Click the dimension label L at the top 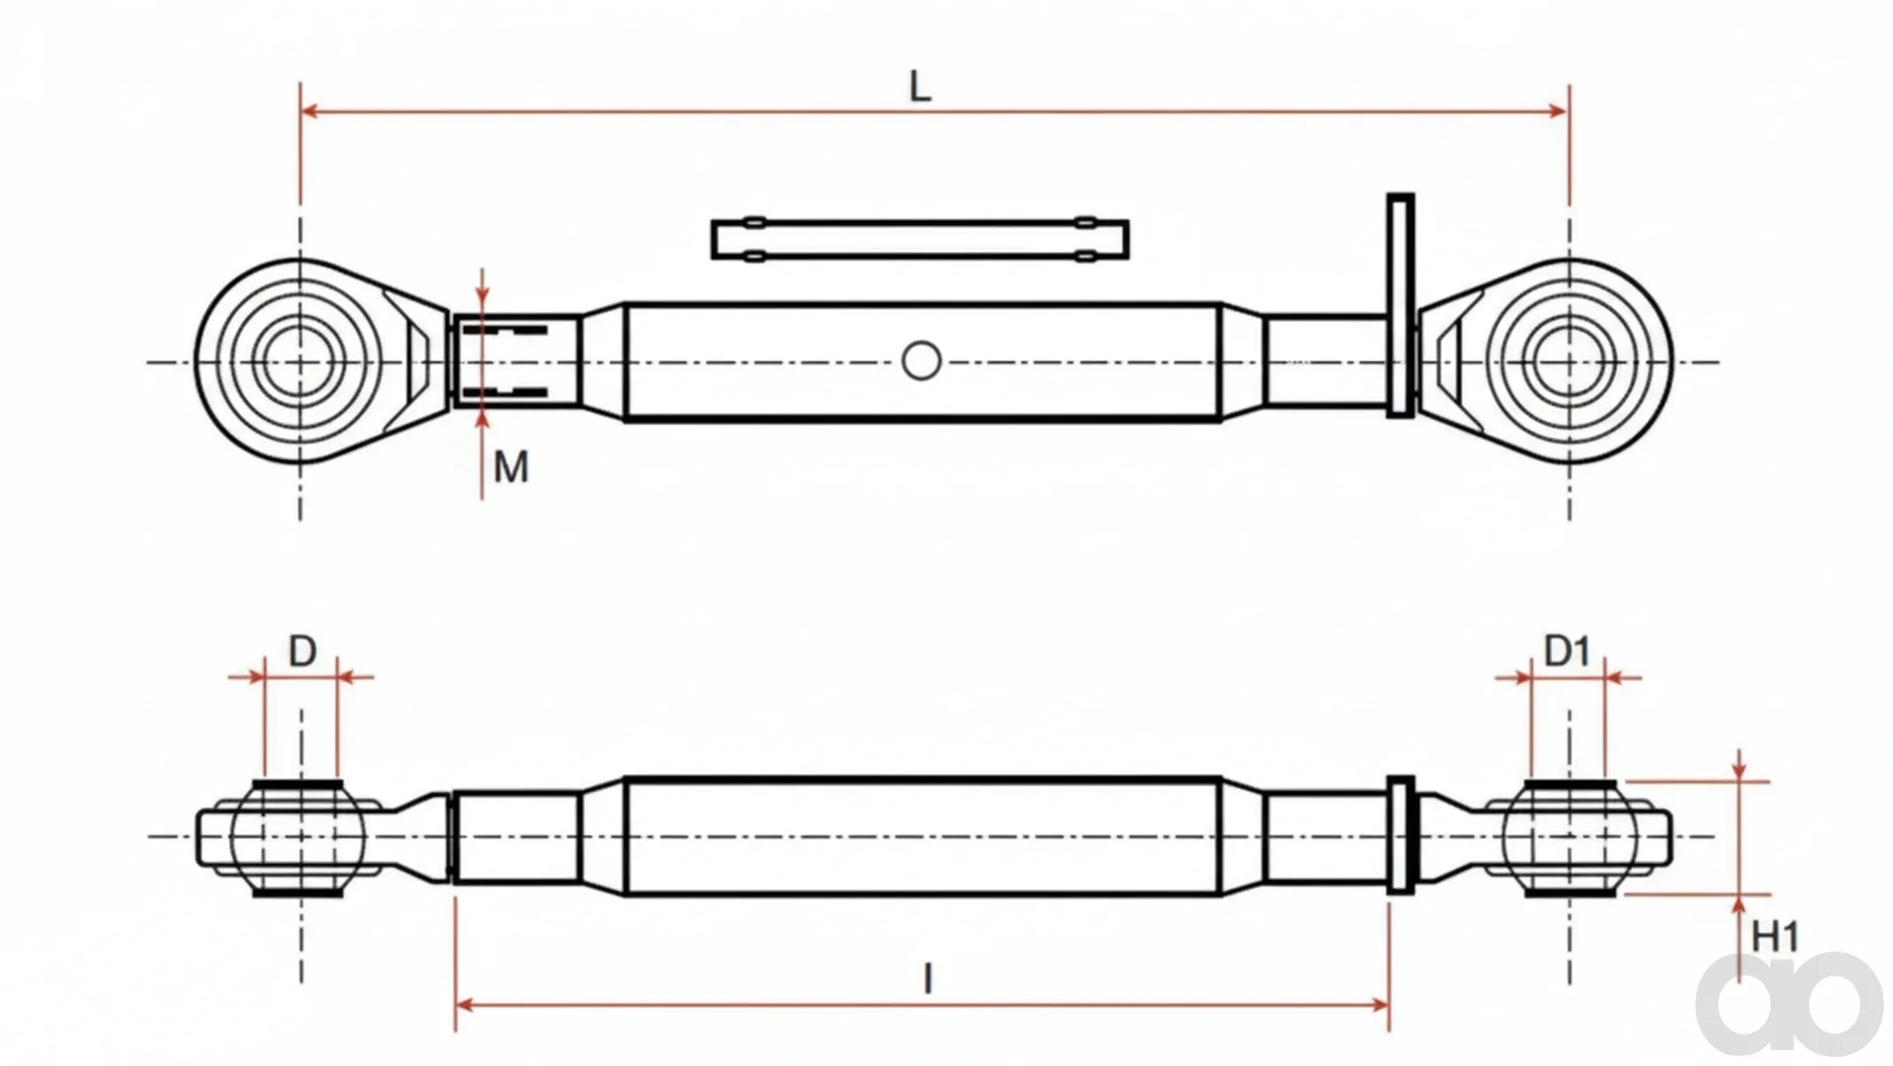click(x=921, y=87)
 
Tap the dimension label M click(x=511, y=466)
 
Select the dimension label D click(x=303, y=652)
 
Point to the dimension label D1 click(x=1567, y=652)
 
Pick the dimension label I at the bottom click(x=928, y=979)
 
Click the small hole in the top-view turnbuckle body click(x=921, y=362)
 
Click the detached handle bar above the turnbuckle click(x=920, y=240)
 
